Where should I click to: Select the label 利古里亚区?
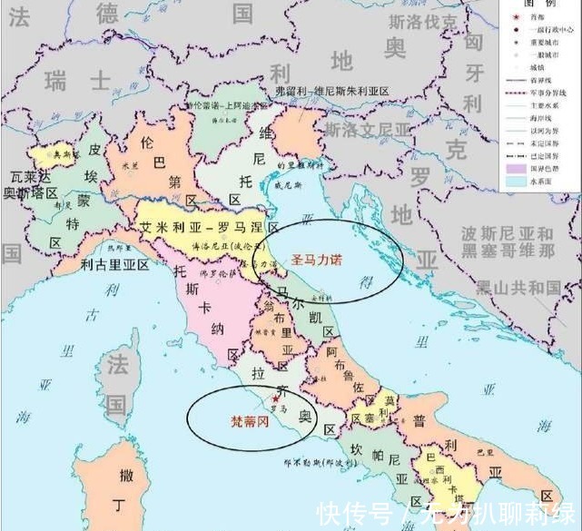[113, 265]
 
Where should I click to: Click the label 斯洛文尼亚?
[369, 130]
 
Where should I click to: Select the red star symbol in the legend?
[515, 15]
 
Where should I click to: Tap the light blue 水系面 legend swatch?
[515, 181]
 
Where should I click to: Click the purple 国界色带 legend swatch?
[515, 168]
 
